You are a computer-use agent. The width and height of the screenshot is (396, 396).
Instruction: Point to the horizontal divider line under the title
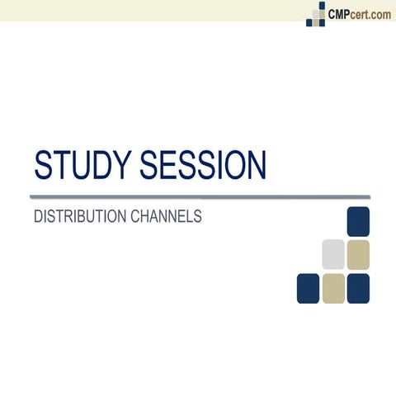[198, 197]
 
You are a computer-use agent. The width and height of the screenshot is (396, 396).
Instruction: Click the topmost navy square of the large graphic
[358, 222]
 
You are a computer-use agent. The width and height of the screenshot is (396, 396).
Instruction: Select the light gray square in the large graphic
[333, 254]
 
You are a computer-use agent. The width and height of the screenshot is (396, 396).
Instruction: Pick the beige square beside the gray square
[358, 254]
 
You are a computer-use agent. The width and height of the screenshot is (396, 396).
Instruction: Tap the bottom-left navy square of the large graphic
[308, 288]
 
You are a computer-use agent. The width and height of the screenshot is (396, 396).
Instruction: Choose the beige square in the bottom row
[333, 288]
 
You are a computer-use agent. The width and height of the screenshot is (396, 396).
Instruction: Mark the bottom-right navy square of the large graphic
[358, 288]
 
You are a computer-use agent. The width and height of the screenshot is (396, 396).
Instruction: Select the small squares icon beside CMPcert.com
[316, 14]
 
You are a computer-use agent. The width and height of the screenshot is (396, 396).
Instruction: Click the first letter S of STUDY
[43, 165]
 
